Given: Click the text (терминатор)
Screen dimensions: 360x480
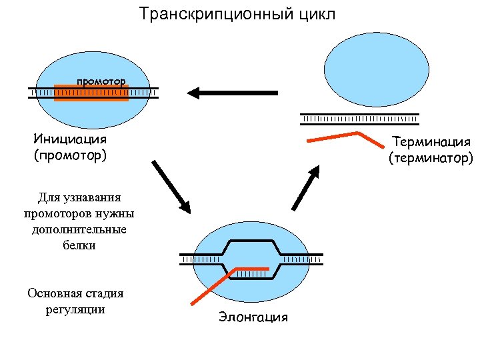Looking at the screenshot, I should (431, 158).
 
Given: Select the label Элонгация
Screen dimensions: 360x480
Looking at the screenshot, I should (253, 317).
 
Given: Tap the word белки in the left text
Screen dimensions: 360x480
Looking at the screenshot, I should (79, 245).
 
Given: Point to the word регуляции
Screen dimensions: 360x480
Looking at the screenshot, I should (75, 309).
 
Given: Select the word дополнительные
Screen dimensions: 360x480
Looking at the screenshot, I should (79, 229).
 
